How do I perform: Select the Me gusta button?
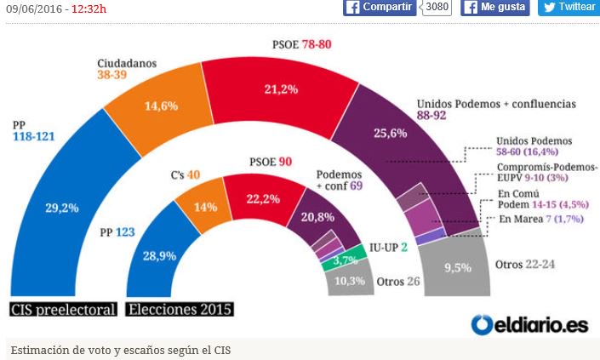pyautogui.click(x=495, y=8)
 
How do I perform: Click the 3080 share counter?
pyautogui.click(x=437, y=8)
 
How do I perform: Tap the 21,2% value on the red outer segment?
pyautogui.click(x=281, y=88)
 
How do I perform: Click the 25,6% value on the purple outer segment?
pyautogui.click(x=384, y=133)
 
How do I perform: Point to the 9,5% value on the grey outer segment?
pyautogui.click(x=457, y=267)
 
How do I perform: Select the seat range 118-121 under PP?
pyautogui.click(x=37, y=136)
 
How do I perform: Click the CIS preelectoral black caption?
pyautogui.click(x=63, y=309)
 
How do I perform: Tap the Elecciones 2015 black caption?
pyautogui.click(x=180, y=309)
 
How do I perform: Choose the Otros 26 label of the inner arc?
pyautogui.click(x=398, y=282)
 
